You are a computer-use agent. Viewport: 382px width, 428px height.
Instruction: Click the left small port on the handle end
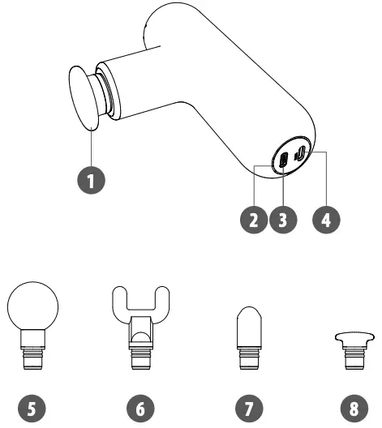(x=282, y=161)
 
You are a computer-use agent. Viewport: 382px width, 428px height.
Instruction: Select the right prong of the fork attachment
(x=163, y=302)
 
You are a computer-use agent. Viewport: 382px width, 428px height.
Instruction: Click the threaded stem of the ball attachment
(x=33, y=357)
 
